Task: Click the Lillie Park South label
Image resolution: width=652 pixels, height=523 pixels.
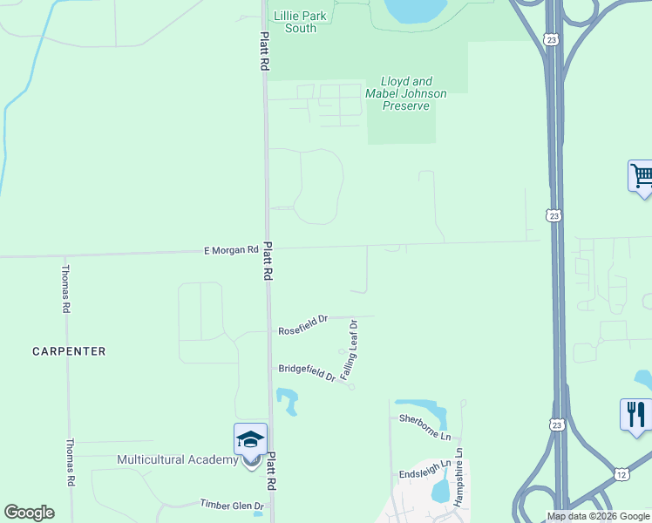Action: tap(295, 22)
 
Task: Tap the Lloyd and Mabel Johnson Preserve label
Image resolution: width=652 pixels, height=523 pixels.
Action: tap(406, 93)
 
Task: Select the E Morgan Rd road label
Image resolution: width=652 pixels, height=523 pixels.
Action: tap(231, 250)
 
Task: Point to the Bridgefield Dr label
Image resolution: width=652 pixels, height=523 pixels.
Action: tap(307, 372)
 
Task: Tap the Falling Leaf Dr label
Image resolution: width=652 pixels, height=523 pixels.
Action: tap(349, 350)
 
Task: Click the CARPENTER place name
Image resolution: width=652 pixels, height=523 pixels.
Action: tap(69, 351)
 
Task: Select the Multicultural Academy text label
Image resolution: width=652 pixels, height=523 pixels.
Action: tap(178, 459)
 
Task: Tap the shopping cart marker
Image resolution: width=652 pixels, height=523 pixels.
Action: tap(642, 176)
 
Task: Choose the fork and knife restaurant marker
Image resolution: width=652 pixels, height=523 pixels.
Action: tap(635, 413)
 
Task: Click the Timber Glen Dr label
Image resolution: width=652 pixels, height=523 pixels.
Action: tap(232, 506)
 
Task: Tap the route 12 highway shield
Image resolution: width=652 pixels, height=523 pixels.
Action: tap(621, 474)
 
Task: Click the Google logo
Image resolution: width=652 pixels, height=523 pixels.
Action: tap(29, 513)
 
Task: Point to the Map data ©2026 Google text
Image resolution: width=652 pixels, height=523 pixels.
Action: tap(598, 516)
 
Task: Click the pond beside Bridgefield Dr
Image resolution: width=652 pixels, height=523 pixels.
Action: tap(288, 402)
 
